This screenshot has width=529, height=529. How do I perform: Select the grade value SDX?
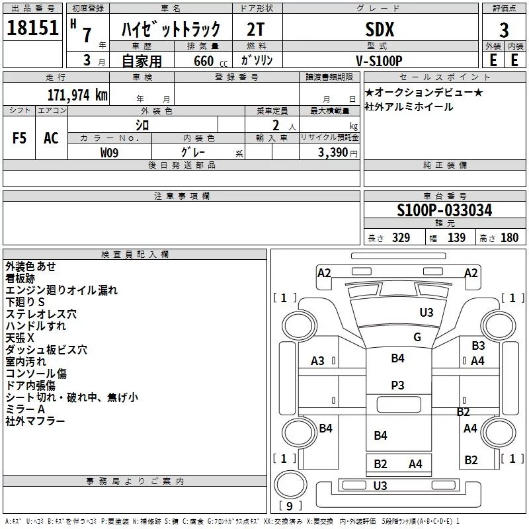(380, 29)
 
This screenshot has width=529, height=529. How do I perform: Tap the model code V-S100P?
(380, 60)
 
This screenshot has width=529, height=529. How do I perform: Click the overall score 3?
(504, 30)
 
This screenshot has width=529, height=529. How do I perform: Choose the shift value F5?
(19, 138)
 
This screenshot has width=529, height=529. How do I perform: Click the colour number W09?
(110, 153)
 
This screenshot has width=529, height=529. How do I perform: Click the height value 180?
(510, 238)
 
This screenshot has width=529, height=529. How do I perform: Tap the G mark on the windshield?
(417, 337)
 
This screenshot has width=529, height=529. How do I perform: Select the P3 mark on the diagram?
(397, 385)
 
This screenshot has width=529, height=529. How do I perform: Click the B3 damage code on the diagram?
(478, 345)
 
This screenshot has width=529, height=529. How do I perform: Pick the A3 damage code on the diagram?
(317, 361)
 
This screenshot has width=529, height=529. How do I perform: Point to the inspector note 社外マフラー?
(35, 421)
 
